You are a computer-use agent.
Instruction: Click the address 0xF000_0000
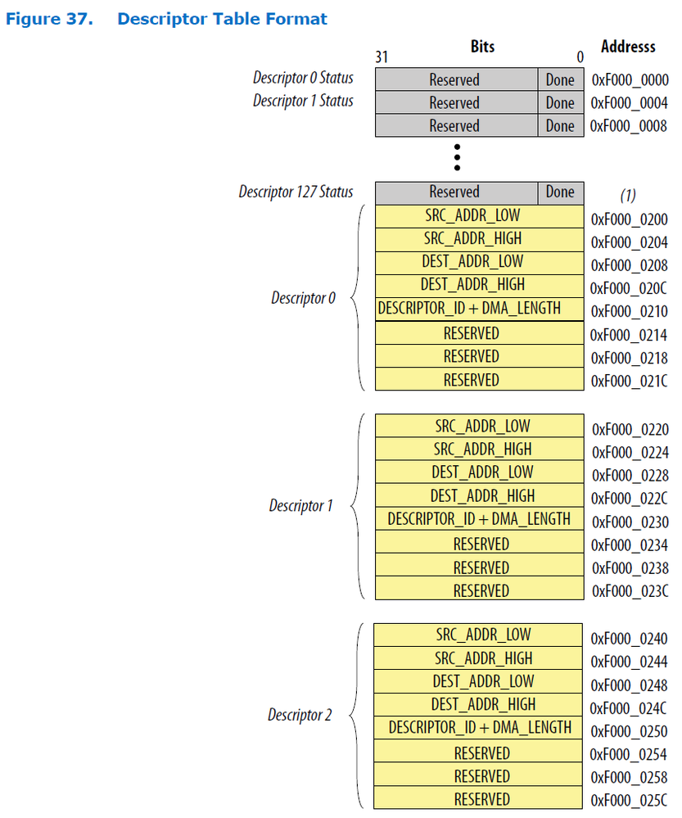click(x=629, y=80)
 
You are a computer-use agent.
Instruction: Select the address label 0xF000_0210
click(x=629, y=311)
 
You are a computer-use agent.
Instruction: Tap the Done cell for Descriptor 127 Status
click(x=560, y=192)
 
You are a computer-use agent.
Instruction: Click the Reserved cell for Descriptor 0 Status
click(x=454, y=80)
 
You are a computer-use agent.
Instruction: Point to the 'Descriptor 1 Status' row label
click(x=303, y=101)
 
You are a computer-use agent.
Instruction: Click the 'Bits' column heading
click(x=482, y=47)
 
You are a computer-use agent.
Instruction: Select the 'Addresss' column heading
click(x=628, y=47)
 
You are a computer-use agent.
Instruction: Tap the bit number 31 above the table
click(x=382, y=57)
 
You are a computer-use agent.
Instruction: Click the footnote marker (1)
click(x=627, y=196)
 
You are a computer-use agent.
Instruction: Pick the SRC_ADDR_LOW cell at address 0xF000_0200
click(x=480, y=216)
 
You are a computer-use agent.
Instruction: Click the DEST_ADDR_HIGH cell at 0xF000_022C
click(x=482, y=496)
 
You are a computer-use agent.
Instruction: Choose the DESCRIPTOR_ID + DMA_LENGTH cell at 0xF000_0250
click(x=480, y=728)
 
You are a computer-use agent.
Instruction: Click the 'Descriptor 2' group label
click(x=300, y=716)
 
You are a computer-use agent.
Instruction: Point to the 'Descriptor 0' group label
click(x=303, y=298)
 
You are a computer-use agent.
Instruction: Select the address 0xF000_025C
click(x=629, y=800)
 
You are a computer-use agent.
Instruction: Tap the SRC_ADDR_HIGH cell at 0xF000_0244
click(x=483, y=658)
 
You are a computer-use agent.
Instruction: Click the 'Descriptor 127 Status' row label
click(x=296, y=192)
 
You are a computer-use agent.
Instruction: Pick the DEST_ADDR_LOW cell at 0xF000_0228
click(x=482, y=472)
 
